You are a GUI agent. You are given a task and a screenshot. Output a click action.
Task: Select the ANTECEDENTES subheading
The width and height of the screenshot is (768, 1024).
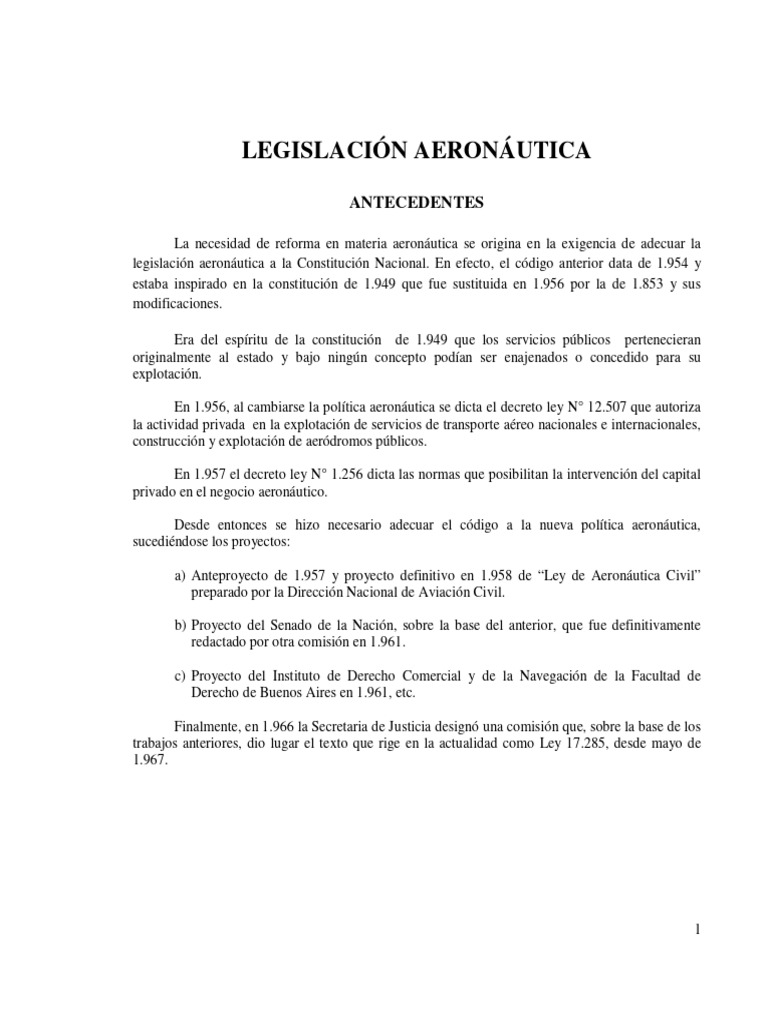pos(415,203)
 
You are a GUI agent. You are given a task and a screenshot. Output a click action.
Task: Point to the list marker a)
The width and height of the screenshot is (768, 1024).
pos(180,576)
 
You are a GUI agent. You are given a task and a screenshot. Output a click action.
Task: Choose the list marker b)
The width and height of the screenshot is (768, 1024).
pos(180,625)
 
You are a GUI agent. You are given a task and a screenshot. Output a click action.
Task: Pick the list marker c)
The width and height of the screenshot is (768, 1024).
pos(180,676)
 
